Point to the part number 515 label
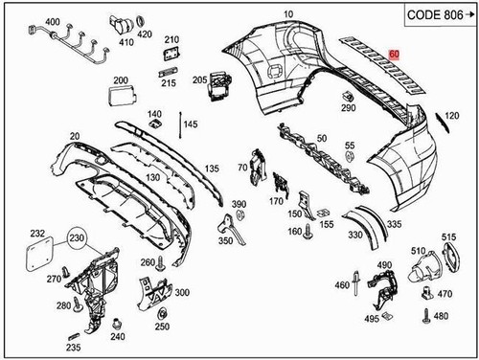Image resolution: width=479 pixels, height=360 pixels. point(448,237)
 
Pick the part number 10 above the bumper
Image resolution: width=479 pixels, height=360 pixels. point(262,14)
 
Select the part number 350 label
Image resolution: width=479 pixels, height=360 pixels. point(226,242)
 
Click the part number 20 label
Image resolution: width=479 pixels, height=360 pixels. point(47,139)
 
